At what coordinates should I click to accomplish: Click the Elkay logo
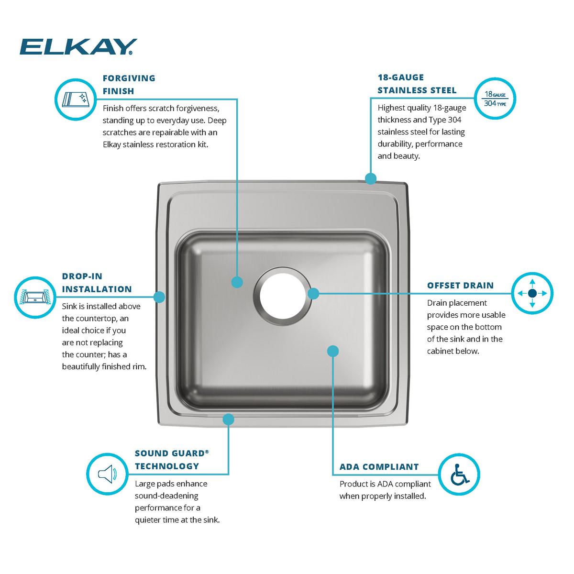coord(78,47)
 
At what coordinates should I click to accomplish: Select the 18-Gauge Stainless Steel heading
coord(417,84)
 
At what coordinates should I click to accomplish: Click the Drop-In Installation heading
coord(97,282)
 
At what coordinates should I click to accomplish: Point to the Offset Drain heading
coord(460,286)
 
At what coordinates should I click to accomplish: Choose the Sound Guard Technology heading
coord(172,459)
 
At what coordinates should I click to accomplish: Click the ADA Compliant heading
coord(379,467)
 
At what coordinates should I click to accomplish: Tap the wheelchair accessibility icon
coord(459,474)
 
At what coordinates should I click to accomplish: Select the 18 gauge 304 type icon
coord(495,98)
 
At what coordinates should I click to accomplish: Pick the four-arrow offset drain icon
coord(532,293)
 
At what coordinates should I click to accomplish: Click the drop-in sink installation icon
coord(35,297)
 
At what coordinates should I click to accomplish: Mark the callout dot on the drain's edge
coord(313,293)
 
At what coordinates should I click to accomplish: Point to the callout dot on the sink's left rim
coord(160,297)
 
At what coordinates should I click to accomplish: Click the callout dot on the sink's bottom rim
coord(228,419)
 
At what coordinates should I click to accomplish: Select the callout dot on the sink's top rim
coord(370,178)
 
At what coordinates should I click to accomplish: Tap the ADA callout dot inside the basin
coord(333,351)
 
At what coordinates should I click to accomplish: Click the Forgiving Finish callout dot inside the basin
coord(237,282)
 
